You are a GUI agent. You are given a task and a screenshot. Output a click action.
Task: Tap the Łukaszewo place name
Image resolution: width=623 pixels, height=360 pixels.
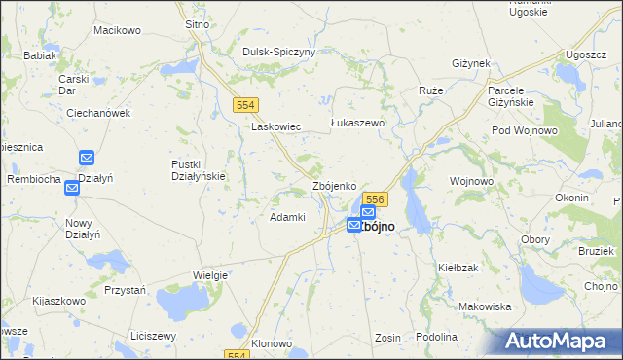click(358, 124)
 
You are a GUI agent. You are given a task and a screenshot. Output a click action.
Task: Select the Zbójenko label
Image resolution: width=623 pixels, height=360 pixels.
click(340, 185)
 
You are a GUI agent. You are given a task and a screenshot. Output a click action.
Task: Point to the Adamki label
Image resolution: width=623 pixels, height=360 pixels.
click(288, 217)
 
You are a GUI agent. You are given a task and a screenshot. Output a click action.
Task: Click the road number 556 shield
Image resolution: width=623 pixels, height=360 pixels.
click(378, 198)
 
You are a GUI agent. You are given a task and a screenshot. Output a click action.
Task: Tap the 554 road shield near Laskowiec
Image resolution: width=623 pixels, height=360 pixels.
click(244, 103)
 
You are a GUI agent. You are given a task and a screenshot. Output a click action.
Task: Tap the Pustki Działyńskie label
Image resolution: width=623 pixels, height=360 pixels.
click(199, 170)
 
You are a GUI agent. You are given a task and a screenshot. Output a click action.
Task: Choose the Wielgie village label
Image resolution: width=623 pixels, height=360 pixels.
click(209, 275)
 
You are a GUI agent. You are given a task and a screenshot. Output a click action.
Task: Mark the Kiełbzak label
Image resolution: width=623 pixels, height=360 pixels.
click(458, 267)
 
